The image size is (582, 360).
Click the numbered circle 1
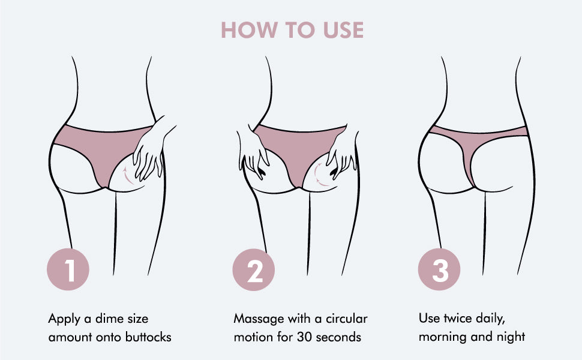(68, 269)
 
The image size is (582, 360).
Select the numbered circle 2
(254, 269)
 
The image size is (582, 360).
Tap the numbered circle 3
(439, 269)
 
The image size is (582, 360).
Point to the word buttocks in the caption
(148, 337)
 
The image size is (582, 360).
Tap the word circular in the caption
(347, 319)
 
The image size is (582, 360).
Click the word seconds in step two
(338, 337)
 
